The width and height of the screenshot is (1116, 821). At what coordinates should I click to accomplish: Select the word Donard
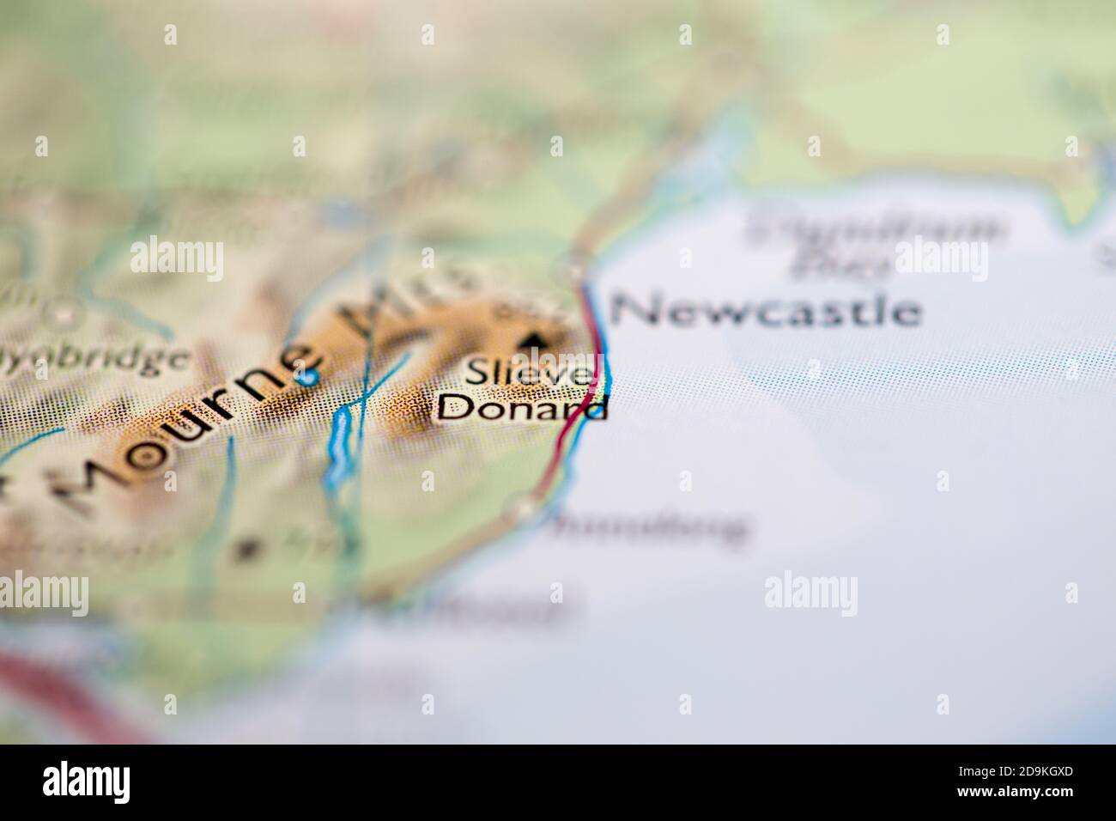(x=522, y=406)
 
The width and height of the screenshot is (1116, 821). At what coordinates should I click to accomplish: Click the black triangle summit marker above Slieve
(x=537, y=341)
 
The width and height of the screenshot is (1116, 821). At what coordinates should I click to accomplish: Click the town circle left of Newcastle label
(x=579, y=271)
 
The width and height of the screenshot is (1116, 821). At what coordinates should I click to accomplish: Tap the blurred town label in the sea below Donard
(x=648, y=526)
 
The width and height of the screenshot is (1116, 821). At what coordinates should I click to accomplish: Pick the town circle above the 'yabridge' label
(x=62, y=315)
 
